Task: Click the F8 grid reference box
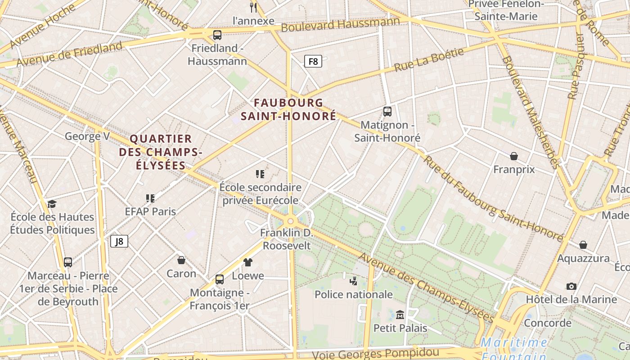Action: pos(313,61)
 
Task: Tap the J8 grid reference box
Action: pos(119,242)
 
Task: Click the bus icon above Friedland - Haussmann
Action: pos(217,35)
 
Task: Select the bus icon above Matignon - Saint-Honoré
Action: pos(387,112)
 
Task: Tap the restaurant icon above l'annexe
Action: pos(253,7)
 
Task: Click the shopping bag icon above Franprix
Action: pos(514,156)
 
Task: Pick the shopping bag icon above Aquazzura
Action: pos(583,245)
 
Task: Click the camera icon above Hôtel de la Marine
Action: pos(571,286)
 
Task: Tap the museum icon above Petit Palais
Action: pos(400,315)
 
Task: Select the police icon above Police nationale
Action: pos(353,281)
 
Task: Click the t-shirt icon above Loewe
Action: pos(248,262)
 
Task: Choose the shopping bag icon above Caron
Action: pos(181,260)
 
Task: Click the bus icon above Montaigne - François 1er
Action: pos(220,279)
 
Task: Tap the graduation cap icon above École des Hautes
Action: pos(52,204)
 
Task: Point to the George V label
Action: pos(87,136)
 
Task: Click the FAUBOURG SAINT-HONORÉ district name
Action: pos(288,109)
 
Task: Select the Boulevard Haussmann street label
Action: pos(340,24)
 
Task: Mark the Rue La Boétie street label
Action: pos(429,60)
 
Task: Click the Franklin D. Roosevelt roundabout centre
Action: pos(291,221)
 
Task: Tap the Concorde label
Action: pos(548,323)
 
